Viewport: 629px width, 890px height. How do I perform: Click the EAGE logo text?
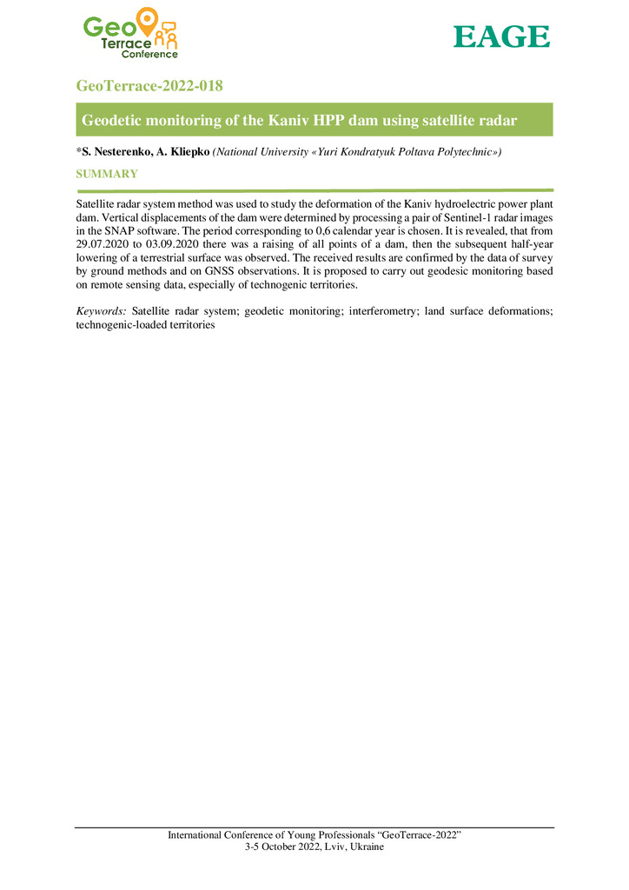[x=502, y=37]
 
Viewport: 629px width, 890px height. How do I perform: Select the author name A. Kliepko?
[x=182, y=152]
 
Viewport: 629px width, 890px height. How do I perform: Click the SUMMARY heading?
[x=107, y=175]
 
